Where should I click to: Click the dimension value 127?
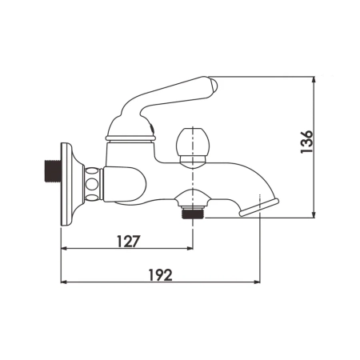pyautogui.click(x=129, y=238)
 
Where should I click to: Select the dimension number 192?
pyautogui.click(x=162, y=274)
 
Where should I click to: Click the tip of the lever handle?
pyautogui.click(x=211, y=84)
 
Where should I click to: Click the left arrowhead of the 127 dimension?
pyautogui.click(x=65, y=248)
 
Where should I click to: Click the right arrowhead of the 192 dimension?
pyautogui.click(x=259, y=283)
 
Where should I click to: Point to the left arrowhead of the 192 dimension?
pyautogui.click(x=65, y=283)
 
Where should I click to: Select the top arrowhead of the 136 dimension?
pyautogui.click(x=314, y=81)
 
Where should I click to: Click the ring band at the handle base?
pyautogui.click(x=129, y=138)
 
